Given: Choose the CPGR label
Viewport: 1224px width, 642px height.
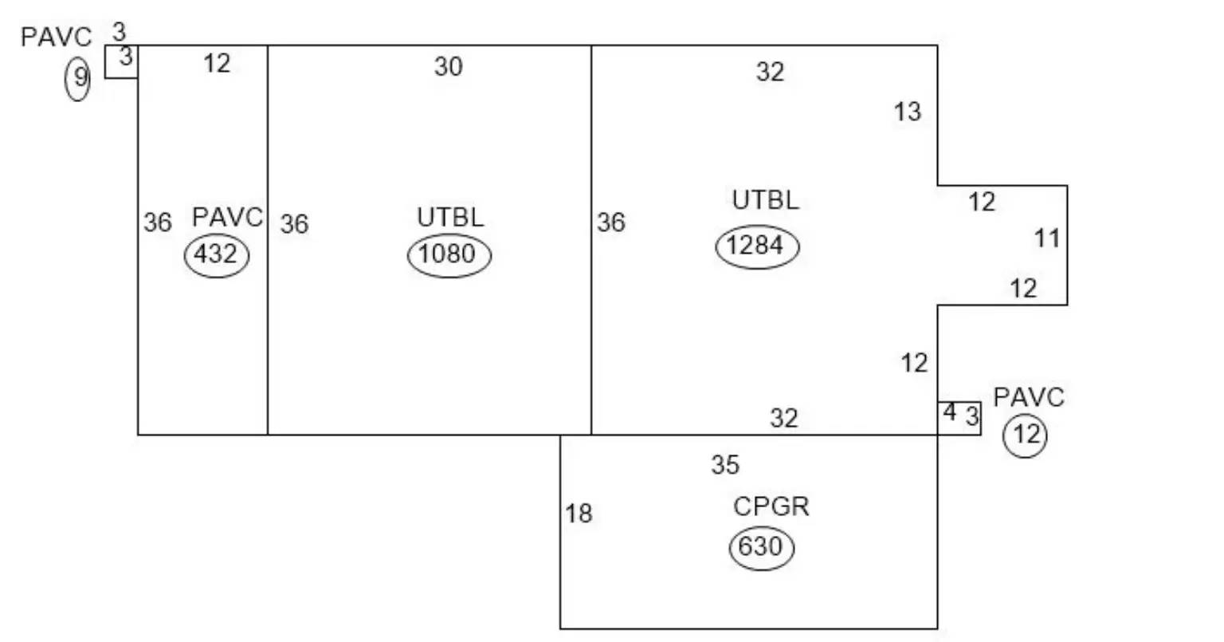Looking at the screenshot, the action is pos(771,507).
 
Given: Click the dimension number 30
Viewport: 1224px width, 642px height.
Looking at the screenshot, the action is pos(448,67).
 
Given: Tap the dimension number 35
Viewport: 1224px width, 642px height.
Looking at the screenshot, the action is pos(725,465).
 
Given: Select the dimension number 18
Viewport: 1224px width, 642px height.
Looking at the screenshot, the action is pos(579,514).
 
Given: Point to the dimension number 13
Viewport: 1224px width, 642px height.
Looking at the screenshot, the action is pos(908,112).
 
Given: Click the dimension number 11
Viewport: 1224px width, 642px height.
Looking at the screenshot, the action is pos(1048,238).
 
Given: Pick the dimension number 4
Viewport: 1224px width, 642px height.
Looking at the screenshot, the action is pos(950,412).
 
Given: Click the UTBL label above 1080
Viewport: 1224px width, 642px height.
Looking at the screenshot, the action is pos(450,218).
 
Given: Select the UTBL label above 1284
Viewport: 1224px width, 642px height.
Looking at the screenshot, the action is pos(765,200).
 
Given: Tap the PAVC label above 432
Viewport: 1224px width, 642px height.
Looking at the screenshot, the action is pos(227,218).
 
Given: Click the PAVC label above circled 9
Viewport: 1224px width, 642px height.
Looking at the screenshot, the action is pos(56,37).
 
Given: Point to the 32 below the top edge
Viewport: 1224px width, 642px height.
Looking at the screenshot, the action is pos(770,72).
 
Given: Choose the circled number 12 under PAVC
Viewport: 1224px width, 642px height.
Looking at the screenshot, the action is pos(1025,435).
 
